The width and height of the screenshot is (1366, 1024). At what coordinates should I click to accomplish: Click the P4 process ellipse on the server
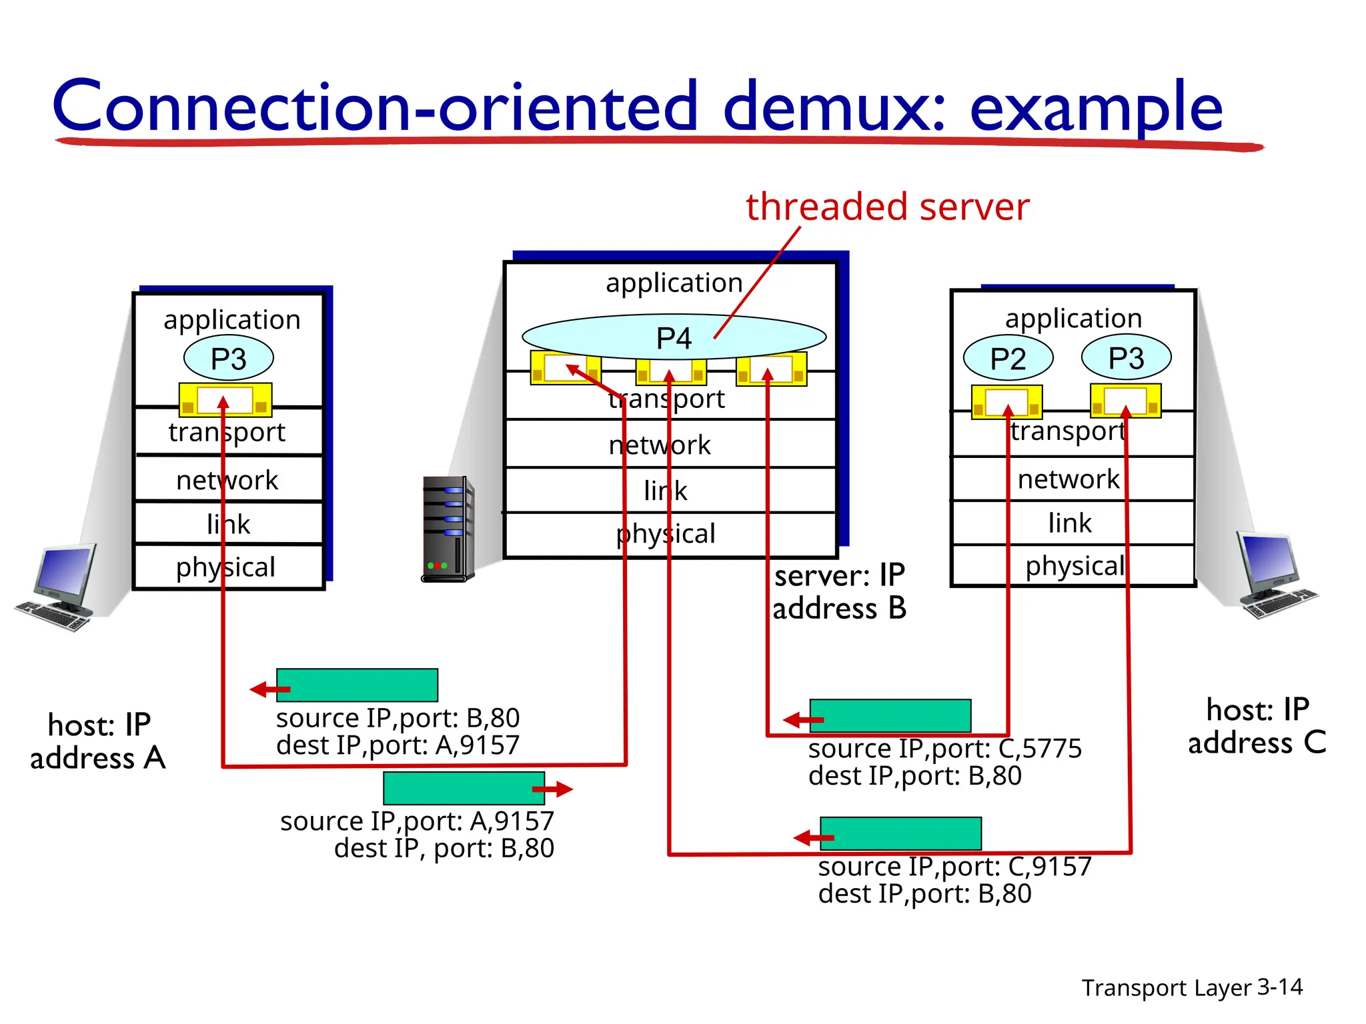click(674, 337)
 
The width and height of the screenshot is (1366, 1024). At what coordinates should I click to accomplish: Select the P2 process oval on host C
click(1008, 359)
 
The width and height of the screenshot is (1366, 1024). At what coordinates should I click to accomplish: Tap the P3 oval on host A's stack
click(228, 359)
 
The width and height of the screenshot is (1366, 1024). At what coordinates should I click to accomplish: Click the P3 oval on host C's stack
click(1126, 358)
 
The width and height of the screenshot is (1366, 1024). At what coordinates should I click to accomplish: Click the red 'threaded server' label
click(887, 207)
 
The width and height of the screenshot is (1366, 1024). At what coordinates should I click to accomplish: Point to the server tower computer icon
click(448, 529)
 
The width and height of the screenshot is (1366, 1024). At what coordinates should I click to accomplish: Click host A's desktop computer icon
click(57, 587)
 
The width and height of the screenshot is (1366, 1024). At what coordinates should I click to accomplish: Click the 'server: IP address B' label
click(839, 592)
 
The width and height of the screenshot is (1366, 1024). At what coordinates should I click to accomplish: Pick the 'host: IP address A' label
click(98, 741)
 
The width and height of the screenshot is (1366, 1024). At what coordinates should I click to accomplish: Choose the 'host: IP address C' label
click(1257, 726)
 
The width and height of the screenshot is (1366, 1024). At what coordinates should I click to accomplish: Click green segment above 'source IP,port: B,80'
click(358, 685)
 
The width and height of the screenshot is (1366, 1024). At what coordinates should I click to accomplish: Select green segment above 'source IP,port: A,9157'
click(464, 788)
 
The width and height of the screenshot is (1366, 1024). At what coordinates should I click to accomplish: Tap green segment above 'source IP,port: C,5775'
click(890, 716)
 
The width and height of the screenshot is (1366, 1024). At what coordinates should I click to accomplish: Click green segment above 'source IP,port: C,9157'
click(900, 833)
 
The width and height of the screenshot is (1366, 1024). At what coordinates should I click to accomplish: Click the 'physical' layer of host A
click(227, 567)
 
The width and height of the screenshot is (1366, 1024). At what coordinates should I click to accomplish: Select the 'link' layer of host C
click(1071, 523)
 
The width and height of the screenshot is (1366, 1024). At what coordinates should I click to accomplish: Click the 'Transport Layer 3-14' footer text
click(1192, 987)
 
